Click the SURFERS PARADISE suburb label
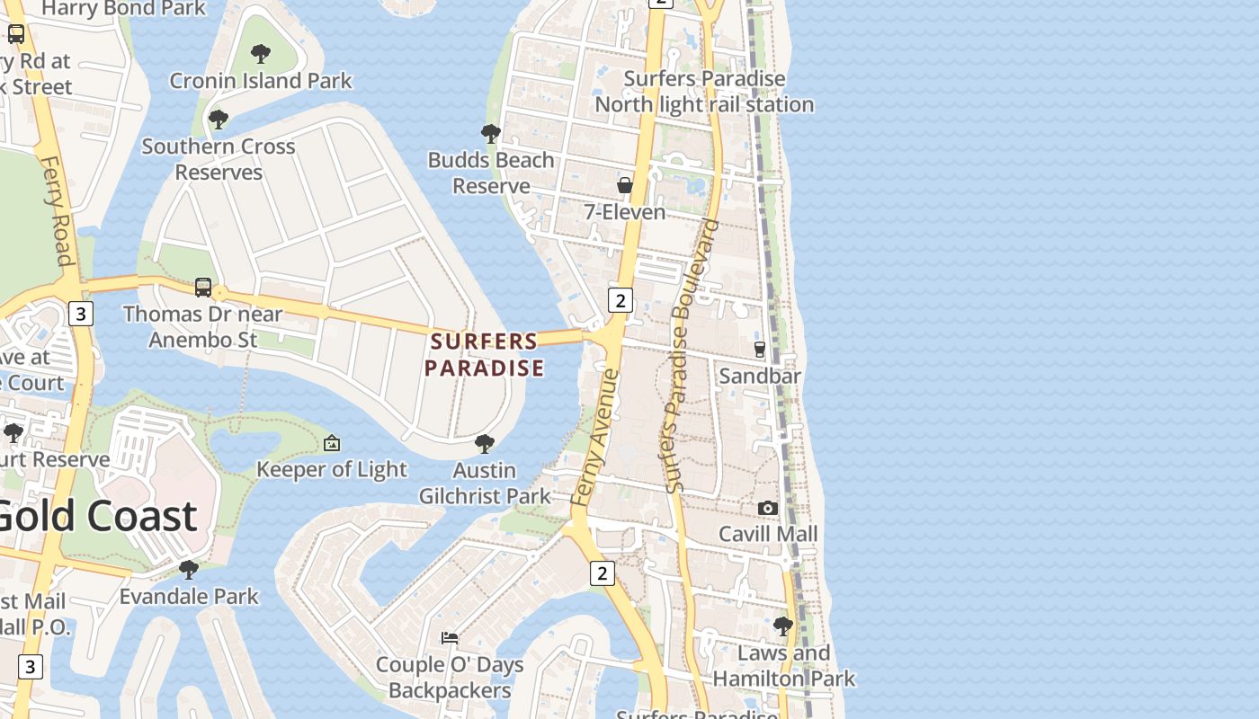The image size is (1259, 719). coord(485,354)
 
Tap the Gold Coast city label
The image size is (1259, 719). coord(94,516)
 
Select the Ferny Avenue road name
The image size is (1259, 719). coord(595,436)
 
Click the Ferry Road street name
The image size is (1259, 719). coord(57,211)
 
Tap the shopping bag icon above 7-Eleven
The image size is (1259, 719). coord(625,185)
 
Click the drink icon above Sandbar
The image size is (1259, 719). coord(759,349)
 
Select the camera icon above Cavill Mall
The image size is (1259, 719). coord(767,508)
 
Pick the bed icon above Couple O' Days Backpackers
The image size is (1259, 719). coord(450,638)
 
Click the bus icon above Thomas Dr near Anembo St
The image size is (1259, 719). coord(203,288)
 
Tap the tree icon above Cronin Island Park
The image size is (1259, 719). coord(261,54)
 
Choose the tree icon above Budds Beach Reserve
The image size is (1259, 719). coord(490,134)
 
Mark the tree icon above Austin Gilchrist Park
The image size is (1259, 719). coord(484,443)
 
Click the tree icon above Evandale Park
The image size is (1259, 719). coord(189,570)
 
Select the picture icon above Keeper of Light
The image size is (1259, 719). coord(332,443)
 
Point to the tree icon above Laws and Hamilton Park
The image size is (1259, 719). coord(783,626)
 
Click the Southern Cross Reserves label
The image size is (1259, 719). coord(219,159)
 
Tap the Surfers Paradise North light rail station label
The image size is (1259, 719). coord(704,92)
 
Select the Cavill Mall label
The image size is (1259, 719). coord(768,534)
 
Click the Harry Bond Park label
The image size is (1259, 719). coord(124,9)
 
